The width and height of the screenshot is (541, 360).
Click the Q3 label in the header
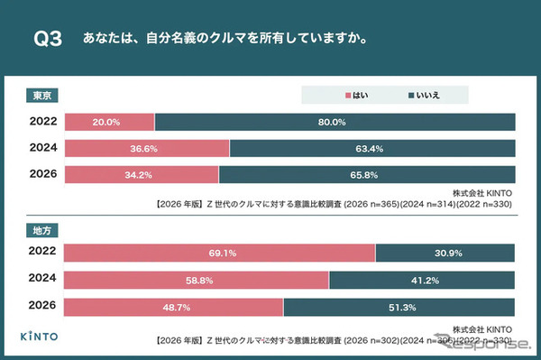(x=47, y=40)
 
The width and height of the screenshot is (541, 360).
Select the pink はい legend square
(x=348, y=95)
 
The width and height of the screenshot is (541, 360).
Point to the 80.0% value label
(x=334, y=122)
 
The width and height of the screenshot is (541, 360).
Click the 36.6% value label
(x=147, y=148)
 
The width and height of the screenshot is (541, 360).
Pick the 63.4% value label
(x=371, y=148)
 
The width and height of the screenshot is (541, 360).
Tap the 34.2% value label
(x=142, y=174)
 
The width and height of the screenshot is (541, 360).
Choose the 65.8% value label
(x=366, y=174)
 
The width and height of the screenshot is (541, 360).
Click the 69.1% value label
(x=220, y=254)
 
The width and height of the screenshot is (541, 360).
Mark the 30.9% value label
(x=445, y=254)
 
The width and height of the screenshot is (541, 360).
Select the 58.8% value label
(x=197, y=281)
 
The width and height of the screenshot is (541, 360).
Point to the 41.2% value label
(x=421, y=281)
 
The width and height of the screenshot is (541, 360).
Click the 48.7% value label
(x=174, y=307)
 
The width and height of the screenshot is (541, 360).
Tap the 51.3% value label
(x=399, y=307)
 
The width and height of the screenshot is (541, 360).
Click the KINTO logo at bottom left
(x=41, y=337)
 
